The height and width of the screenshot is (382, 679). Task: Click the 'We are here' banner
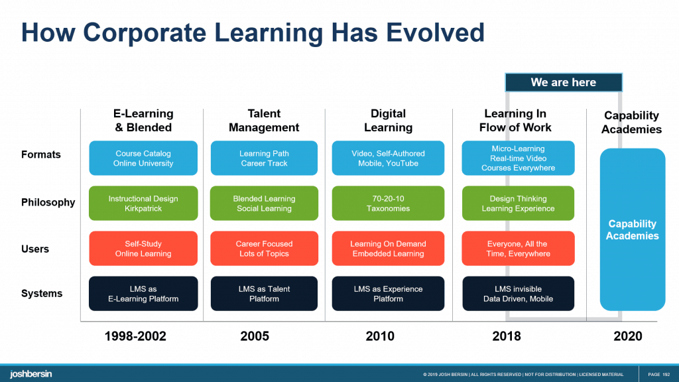pyautogui.click(x=563, y=82)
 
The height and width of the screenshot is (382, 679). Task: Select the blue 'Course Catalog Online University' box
pyautogui.click(x=143, y=158)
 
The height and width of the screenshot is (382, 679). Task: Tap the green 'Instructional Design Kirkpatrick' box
pyautogui.click(x=143, y=203)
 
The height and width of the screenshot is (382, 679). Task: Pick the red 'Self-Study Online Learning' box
pyautogui.click(x=143, y=249)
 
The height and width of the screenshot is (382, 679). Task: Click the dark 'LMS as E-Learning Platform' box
pyautogui.click(x=143, y=294)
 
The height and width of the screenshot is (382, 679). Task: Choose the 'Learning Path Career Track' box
pyautogui.click(x=264, y=158)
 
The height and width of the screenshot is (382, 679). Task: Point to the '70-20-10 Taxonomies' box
pyautogui.click(x=388, y=203)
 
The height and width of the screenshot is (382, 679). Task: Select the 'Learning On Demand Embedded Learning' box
pyautogui.click(x=388, y=249)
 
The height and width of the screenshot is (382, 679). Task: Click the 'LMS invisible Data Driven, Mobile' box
pyautogui.click(x=518, y=294)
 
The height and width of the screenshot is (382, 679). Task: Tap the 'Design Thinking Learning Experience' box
pyautogui.click(x=518, y=203)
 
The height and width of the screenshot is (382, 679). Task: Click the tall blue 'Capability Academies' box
pyautogui.click(x=632, y=229)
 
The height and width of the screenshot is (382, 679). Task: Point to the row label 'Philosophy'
pyautogui.click(x=48, y=202)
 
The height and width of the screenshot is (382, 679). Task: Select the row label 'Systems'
pyautogui.click(x=42, y=293)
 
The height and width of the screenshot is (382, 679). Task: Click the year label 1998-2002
pyautogui.click(x=135, y=336)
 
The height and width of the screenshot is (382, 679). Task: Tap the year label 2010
pyautogui.click(x=380, y=336)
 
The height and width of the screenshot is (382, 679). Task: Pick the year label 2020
pyautogui.click(x=627, y=336)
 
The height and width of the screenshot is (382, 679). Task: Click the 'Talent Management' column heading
pyautogui.click(x=264, y=121)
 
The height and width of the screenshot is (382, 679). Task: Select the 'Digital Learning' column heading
pyautogui.click(x=388, y=121)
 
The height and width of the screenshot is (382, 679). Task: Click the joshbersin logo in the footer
pyautogui.click(x=31, y=374)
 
